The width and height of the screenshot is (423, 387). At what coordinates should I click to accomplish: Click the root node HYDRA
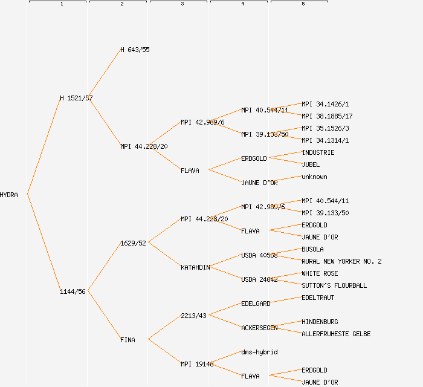9,195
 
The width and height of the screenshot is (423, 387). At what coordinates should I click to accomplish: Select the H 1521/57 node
76,98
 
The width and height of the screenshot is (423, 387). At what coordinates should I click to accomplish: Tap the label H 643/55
135,50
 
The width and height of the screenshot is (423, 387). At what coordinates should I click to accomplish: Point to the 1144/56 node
73,291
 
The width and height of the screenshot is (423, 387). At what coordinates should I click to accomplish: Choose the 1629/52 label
133,243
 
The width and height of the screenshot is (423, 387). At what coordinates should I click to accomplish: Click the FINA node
128,340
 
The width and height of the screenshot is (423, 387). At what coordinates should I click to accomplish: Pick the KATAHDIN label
195,267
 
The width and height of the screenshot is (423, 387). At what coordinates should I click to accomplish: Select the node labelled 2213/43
193,316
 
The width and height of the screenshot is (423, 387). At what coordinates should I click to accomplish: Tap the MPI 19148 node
197,364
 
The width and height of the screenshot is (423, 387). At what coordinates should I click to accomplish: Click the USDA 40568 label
259,255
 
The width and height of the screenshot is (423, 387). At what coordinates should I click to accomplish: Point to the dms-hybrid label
259,352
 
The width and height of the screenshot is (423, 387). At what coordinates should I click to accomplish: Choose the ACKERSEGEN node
259,328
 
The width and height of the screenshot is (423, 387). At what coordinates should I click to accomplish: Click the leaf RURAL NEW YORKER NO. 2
341,261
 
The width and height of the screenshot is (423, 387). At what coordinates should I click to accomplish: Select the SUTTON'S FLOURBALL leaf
334,285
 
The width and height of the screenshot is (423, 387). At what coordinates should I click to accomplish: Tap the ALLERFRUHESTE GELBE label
336,334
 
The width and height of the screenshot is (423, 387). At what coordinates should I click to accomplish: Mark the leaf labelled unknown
314,177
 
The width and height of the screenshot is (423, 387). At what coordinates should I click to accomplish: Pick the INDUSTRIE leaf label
318,152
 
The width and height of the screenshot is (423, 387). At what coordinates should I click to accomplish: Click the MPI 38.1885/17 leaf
327,116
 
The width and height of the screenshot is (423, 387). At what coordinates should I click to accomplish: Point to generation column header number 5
303,4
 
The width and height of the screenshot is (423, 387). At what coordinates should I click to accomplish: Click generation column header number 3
182,4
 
